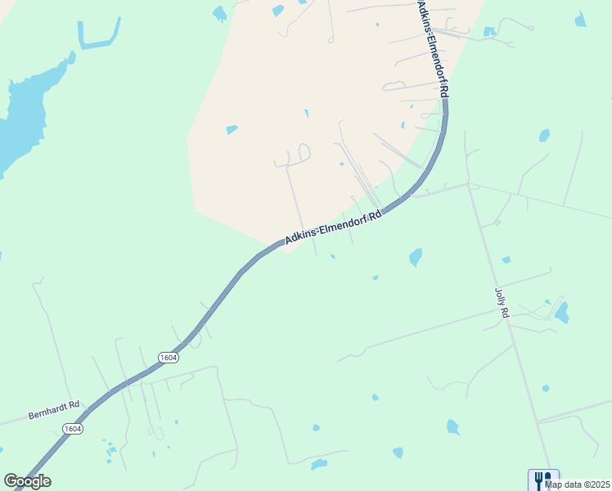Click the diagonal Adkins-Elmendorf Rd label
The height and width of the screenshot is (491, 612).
coord(334,227)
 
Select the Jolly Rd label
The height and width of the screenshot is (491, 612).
coord(502,303)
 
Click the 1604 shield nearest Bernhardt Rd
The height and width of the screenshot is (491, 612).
coord(73,429)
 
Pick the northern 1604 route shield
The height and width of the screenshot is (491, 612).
coord(168,358)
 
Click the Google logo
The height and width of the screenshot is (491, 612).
coord(27,481)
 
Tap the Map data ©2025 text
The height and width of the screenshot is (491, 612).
coord(576,484)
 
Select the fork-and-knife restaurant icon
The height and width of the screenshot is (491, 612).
coord(542,479)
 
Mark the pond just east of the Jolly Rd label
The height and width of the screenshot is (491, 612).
coord(561,312)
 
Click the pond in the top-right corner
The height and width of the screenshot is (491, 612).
coord(580,20)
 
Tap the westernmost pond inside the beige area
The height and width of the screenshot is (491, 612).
coord(232,129)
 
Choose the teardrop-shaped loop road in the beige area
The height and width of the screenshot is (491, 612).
coord(304,151)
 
